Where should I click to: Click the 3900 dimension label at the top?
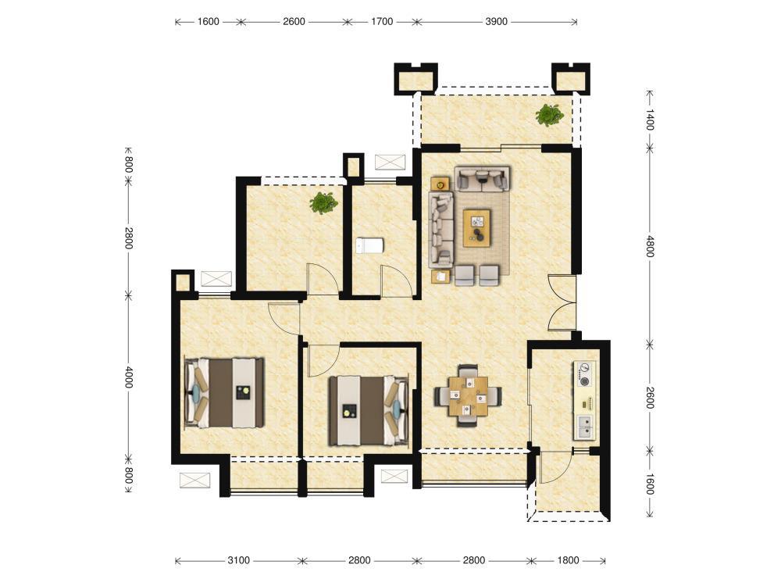496,21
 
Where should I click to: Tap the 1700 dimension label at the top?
382,21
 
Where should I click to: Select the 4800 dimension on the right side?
650,246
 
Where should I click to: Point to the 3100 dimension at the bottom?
238,560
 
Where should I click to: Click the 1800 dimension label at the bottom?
568,560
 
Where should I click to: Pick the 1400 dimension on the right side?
650,120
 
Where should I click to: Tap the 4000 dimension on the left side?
129,377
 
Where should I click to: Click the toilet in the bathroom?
369,245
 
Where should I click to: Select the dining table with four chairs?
468,396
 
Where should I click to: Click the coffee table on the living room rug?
476,227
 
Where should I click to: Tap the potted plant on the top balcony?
549,115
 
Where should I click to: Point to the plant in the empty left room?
323,203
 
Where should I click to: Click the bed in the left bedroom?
224,392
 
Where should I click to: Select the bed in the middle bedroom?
369,411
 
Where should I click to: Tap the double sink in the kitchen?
585,427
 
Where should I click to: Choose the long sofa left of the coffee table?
441,228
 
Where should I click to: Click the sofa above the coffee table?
482,179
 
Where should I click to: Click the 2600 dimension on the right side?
650,398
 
